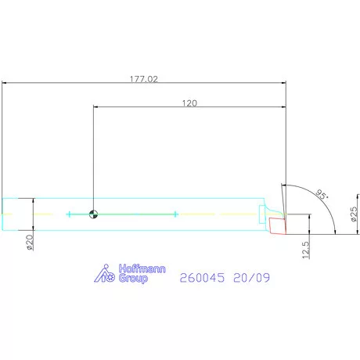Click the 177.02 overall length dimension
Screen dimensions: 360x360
[144, 79]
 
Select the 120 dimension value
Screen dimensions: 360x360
[189, 103]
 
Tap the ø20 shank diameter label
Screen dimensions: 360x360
[31, 243]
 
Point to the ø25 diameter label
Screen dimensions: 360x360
[354, 214]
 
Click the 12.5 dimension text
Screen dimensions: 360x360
[306, 250]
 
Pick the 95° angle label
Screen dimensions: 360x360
[322, 194]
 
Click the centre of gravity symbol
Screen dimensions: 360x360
[93, 214]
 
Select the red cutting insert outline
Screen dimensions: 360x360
[278, 226]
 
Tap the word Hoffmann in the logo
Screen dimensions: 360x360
[142, 268]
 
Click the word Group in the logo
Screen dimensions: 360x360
[133, 279]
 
